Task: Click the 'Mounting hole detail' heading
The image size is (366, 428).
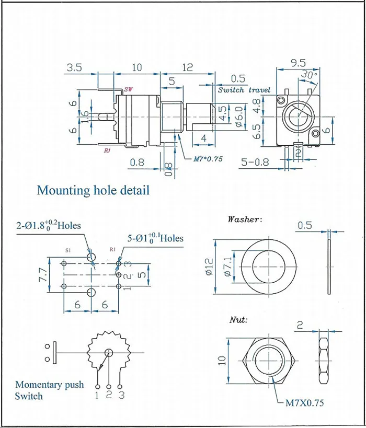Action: pyautogui.click(x=93, y=190)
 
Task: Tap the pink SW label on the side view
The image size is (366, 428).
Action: pyautogui.click(x=128, y=89)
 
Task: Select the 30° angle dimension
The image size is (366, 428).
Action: pyautogui.click(x=309, y=74)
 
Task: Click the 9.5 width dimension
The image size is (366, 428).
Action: pyautogui.click(x=298, y=63)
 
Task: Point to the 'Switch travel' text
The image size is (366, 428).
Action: pyautogui.click(x=244, y=90)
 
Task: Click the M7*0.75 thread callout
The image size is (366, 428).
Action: pyautogui.click(x=208, y=158)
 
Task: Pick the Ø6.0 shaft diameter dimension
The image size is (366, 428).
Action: pyautogui.click(x=239, y=117)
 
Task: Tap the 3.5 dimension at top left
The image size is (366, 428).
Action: pyautogui.click(x=74, y=67)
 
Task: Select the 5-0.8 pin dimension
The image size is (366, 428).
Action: pyautogui.click(x=255, y=162)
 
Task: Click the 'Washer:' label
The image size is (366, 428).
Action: pyautogui.click(x=245, y=219)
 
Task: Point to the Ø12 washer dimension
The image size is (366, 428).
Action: pyautogui.click(x=209, y=267)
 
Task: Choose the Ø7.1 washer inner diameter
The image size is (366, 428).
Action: pyautogui.click(x=228, y=267)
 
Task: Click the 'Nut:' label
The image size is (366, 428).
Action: pyautogui.click(x=238, y=319)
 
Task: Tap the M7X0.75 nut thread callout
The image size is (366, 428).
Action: pyautogui.click(x=304, y=403)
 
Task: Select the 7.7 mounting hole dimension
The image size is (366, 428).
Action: pyautogui.click(x=43, y=274)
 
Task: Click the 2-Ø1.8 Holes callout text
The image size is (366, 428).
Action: pyautogui.click(x=49, y=225)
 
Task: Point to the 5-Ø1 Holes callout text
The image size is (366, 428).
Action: pyautogui.click(x=155, y=238)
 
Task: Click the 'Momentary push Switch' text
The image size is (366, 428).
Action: pyautogui.click(x=50, y=390)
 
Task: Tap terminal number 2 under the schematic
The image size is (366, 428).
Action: pyautogui.click(x=109, y=395)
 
